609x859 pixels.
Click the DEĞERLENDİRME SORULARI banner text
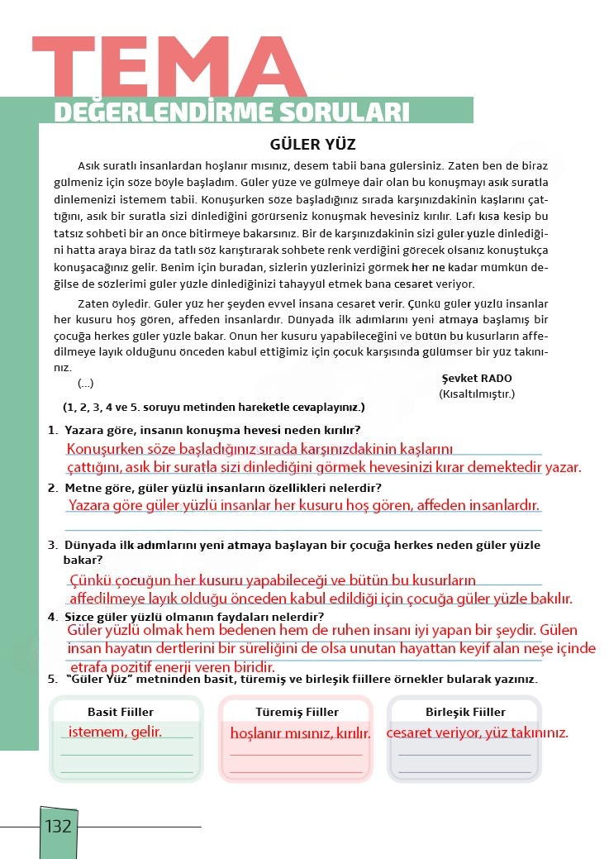(x=231, y=112)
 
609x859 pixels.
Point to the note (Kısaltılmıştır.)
(x=477, y=394)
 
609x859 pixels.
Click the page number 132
(x=59, y=826)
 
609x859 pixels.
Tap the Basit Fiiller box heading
(x=121, y=712)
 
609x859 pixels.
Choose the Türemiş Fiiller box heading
(x=297, y=712)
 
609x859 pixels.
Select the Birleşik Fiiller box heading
(x=465, y=712)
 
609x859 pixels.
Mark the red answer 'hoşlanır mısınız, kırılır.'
(x=300, y=733)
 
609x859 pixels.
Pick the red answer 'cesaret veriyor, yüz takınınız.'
(x=477, y=733)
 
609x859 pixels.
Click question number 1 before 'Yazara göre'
(x=52, y=430)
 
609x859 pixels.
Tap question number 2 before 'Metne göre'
(x=52, y=488)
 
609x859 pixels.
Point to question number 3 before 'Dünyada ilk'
(x=52, y=546)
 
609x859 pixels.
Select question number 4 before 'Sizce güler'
(x=52, y=617)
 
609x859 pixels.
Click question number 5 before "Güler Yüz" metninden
(x=52, y=680)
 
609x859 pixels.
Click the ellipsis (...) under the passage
(x=85, y=384)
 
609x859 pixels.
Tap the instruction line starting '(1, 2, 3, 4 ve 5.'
(x=213, y=408)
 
